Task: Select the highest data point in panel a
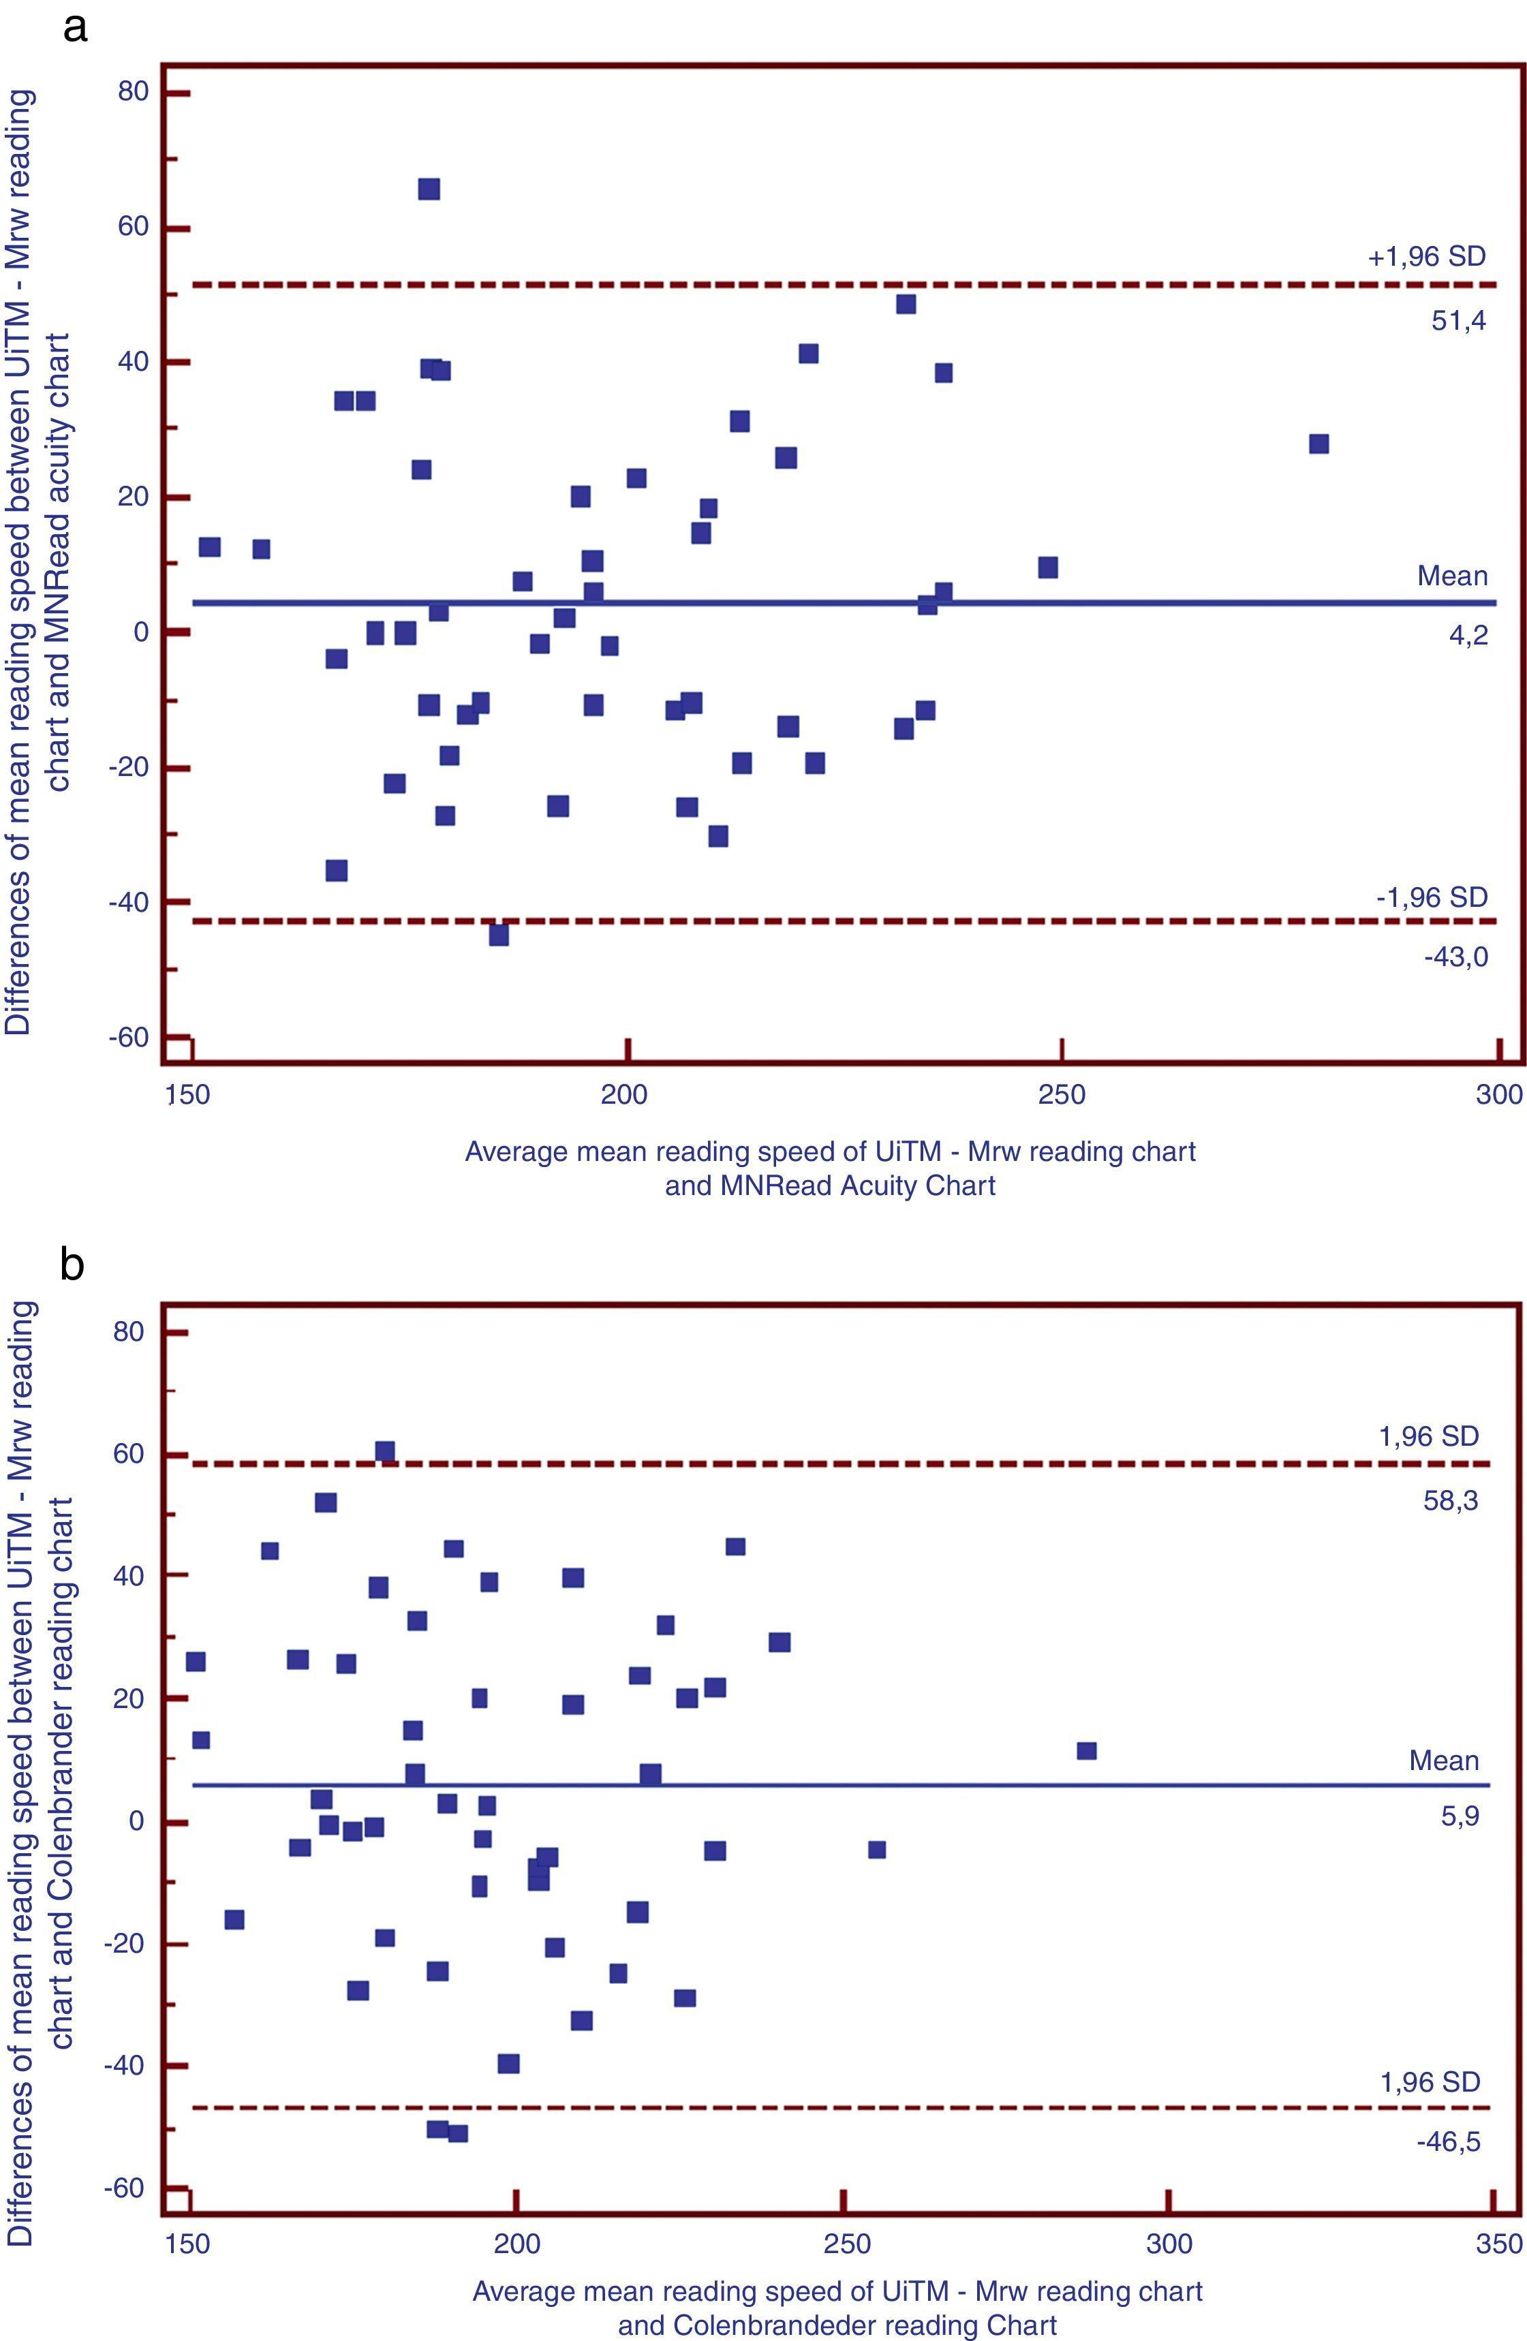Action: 429,189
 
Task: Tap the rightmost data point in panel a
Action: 1318,444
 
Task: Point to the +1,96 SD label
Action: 1425,258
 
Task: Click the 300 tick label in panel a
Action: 1498,1095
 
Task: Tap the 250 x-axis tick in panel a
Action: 1062,1095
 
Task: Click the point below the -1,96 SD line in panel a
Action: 499,935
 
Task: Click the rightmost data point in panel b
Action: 1086,1751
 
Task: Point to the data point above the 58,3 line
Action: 385,1452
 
